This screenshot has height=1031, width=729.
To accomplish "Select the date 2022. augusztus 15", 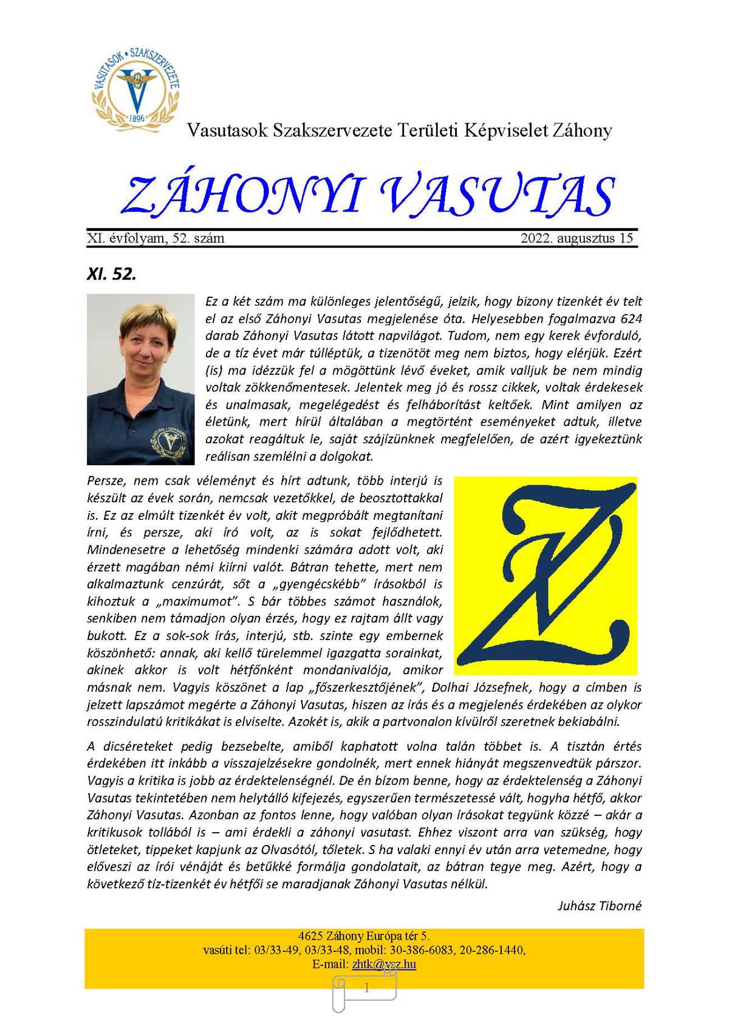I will pos(577,238).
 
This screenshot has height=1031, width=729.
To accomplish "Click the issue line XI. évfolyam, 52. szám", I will pos(156,238).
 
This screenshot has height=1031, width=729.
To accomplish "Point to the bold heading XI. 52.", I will pos(112,274).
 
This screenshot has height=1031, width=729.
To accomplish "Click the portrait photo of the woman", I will pos(140,379).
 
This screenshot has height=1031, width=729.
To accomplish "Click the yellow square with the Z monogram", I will pos(545,575).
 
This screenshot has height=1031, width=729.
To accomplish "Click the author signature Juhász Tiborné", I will pos(599,906).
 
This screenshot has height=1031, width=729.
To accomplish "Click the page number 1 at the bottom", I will pos(366,988).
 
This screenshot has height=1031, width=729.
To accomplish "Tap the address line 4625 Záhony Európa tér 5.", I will pos(364,936).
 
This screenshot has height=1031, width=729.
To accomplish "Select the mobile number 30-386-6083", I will pos(441,950).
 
